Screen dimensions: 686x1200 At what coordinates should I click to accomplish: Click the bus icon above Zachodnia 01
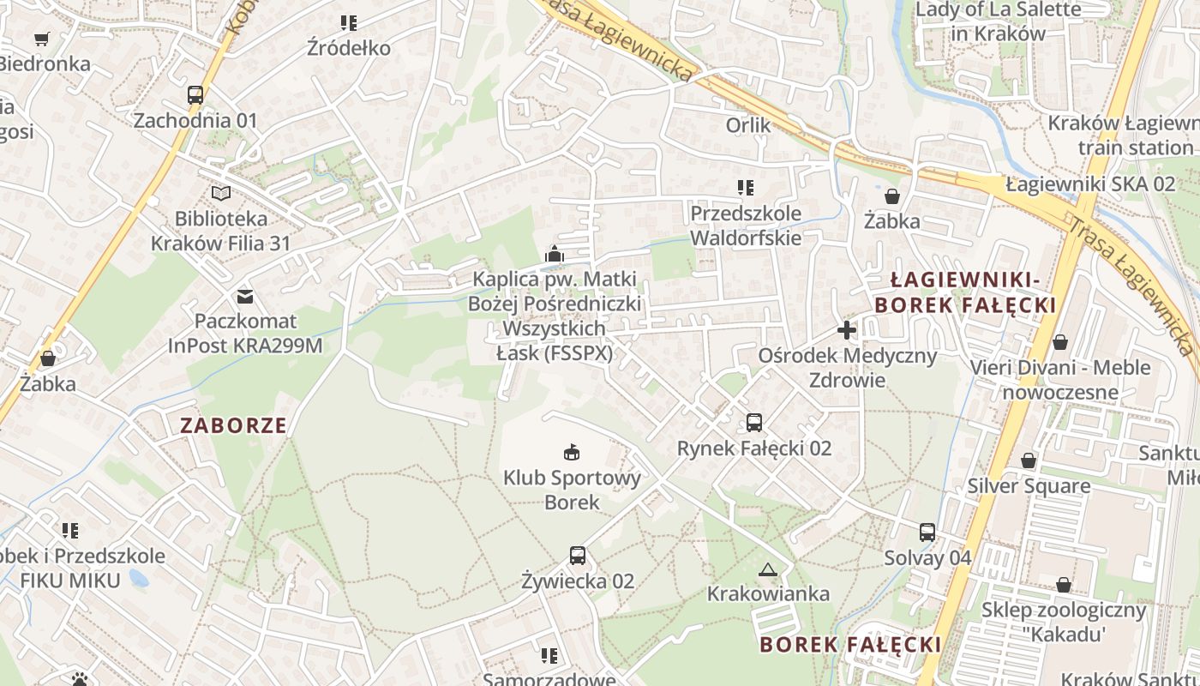tap(195, 95)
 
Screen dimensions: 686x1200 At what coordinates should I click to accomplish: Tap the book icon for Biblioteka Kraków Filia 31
tap(221, 194)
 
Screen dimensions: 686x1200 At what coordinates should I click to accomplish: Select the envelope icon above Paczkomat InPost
tap(245, 297)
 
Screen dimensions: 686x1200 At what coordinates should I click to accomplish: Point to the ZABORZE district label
tap(233, 425)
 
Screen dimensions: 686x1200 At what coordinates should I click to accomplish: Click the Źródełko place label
tap(349, 48)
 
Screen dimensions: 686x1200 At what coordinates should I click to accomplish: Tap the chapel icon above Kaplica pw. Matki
tap(555, 254)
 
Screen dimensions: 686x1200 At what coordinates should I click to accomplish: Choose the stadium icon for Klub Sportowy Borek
tap(572, 452)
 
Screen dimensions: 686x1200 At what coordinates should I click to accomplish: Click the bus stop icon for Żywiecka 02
tap(578, 556)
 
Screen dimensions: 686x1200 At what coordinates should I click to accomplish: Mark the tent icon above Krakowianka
tap(768, 569)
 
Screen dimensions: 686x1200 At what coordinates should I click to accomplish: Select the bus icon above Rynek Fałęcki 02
tap(754, 423)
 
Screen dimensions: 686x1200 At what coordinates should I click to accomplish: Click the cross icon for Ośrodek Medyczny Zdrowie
tap(847, 330)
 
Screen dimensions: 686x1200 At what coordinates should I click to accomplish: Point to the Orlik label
tap(748, 125)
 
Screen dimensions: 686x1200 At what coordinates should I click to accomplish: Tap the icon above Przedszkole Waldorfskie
tap(746, 188)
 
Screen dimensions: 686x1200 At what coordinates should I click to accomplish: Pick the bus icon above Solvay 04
tap(927, 533)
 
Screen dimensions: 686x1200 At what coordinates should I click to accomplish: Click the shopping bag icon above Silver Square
tap(1029, 461)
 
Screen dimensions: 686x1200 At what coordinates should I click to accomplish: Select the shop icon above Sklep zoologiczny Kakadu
tap(1064, 585)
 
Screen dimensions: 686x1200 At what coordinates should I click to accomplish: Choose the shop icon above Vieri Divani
tap(1060, 342)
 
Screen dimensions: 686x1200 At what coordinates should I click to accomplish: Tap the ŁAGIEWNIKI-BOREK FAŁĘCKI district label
tap(964, 292)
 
